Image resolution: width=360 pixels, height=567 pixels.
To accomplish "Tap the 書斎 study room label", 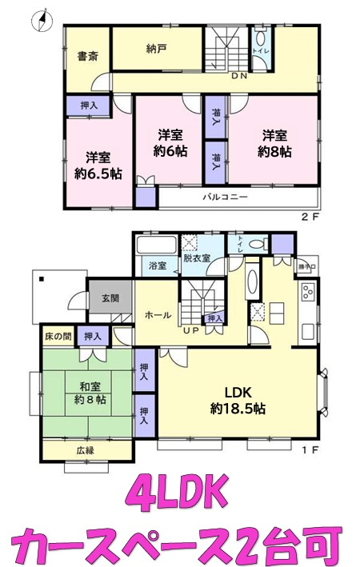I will tap(87, 57).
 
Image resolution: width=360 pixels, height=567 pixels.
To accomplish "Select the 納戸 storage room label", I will tap(157, 47).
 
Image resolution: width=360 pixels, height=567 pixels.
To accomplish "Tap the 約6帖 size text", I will tap(171, 150).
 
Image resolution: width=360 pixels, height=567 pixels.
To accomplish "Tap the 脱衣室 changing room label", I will tap(195, 259).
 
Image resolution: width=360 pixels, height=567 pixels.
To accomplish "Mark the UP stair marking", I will tap(193, 329).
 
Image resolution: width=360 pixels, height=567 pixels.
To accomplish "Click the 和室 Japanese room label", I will tap(88, 382).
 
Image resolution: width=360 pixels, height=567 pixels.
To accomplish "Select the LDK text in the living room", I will tap(238, 393).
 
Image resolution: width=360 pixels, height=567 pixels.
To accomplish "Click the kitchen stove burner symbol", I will tap(307, 293).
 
